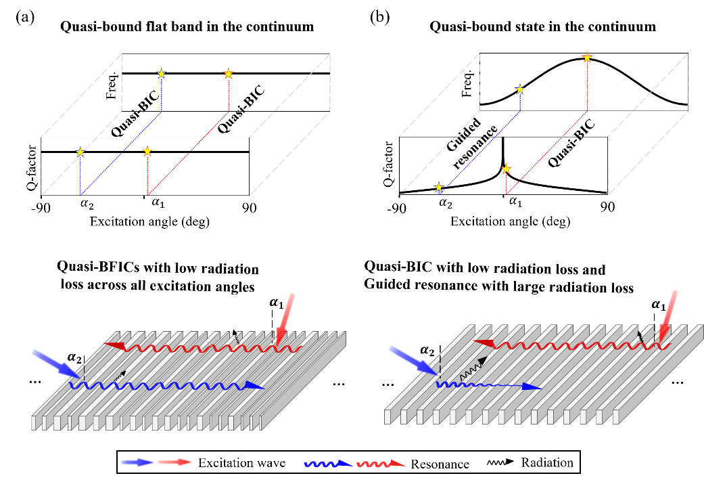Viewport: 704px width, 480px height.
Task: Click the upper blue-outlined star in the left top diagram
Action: tap(161, 73)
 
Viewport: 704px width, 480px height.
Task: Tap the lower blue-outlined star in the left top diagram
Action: tap(80, 152)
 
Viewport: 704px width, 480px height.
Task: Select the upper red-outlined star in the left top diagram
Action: tap(229, 73)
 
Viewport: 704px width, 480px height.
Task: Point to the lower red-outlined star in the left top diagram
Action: tap(147, 151)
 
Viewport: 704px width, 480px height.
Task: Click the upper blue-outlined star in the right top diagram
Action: tap(519, 89)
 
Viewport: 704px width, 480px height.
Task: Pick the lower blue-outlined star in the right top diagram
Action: tap(439, 187)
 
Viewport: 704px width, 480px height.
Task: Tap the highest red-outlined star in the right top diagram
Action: tap(587, 58)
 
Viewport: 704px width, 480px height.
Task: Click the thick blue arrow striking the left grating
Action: tap(56, 363)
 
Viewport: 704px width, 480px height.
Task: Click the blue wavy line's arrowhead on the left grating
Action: tap(254, 385)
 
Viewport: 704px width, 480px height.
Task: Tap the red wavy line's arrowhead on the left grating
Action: tap(114, 346)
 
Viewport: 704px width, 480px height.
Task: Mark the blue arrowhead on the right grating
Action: tap(533, 387)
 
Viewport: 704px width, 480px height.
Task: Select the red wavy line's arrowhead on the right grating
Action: tap(484, 343)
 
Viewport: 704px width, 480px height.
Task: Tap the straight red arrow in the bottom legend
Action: tap(175, 462)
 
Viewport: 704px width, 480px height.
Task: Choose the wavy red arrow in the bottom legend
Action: tap(381, 464)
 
